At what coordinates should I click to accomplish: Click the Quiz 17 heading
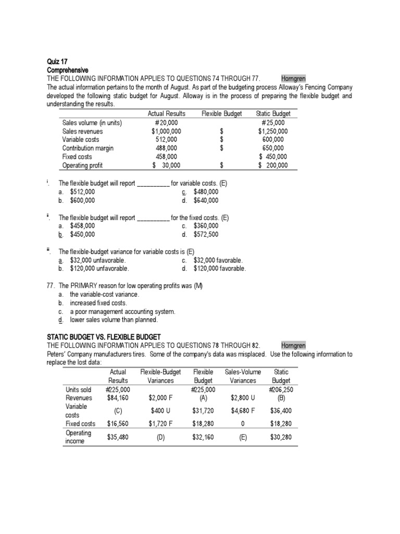point(57,62)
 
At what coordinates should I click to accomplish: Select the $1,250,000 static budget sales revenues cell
point(273,131)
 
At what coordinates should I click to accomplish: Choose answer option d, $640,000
point(206,200)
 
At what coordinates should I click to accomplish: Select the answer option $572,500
point(206,234)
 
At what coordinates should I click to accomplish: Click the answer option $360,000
point(206,226)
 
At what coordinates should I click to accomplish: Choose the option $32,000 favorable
point(218,260)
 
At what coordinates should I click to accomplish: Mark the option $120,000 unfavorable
point(99,269)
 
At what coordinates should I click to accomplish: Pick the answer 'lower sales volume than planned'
point(114,320)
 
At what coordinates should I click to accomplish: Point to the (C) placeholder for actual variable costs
point(118,410)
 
